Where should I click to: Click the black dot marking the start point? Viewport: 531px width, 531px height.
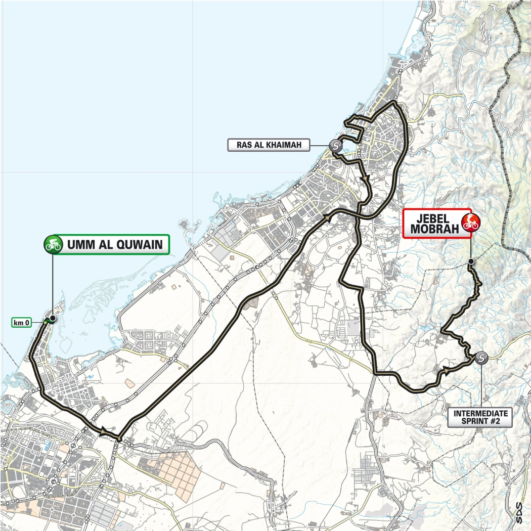point(52,319)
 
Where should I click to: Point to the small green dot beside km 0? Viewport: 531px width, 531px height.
point(46,322)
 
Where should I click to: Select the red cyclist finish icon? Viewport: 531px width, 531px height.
point(470,223)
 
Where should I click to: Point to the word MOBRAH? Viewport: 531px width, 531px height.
point(431,229)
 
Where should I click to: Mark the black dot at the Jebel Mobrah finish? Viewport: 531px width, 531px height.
point(471,261)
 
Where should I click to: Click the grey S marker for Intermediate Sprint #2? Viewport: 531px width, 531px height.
point(481,358)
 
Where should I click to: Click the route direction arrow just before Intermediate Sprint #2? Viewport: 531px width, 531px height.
point(446,372)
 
